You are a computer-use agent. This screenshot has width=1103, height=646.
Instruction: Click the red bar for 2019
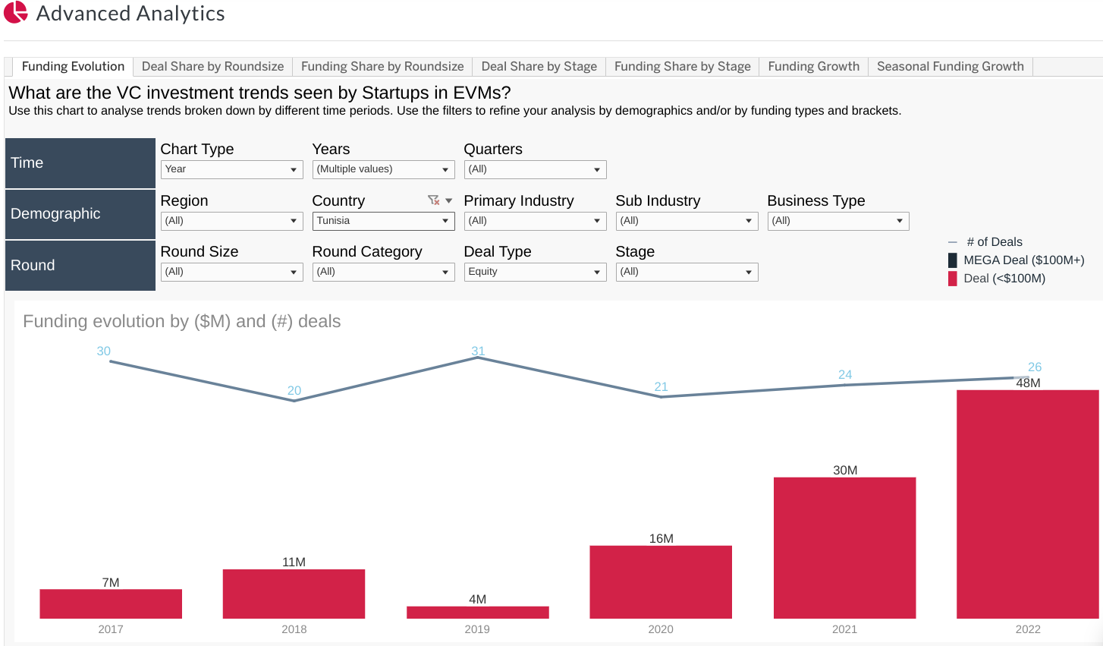477,612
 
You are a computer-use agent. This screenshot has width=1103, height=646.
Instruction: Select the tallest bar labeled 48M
1027,504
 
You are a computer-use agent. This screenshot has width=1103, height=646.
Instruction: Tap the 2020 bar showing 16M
661,581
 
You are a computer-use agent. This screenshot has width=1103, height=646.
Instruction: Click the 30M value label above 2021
845,470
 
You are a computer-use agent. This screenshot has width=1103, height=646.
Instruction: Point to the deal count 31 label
478,351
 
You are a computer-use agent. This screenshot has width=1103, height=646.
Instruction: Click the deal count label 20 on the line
294,390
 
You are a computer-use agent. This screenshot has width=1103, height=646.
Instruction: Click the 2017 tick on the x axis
111,629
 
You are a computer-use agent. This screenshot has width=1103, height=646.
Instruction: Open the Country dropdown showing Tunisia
383,221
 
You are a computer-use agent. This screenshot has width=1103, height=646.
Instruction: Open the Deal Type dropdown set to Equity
535,272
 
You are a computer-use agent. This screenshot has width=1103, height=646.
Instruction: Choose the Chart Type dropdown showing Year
231,169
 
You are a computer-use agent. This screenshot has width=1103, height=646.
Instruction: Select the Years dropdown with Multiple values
383,169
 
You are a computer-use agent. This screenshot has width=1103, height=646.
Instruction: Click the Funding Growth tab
813,67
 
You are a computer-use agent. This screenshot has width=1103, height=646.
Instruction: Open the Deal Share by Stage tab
539,67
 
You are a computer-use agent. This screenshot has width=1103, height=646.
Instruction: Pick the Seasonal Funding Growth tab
950,67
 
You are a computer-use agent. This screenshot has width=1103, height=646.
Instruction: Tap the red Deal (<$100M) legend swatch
953,279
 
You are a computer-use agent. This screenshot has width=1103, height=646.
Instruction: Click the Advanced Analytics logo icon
16,12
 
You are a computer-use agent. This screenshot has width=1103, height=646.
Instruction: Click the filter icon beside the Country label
433,200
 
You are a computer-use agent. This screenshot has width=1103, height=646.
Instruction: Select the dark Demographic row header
80,214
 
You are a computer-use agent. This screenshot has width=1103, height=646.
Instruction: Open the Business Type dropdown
837,221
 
